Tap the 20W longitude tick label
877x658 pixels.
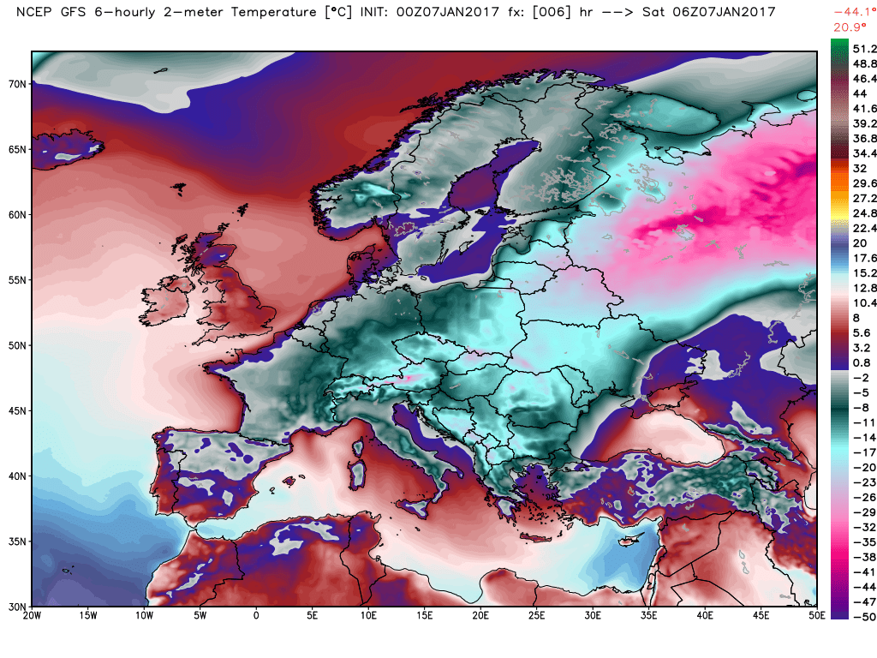[x=32, y=615]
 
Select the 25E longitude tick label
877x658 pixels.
[x=537, y=615]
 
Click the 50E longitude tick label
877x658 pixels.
[x=818, y=615]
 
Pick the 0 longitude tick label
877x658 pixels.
[x=256, y=615]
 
